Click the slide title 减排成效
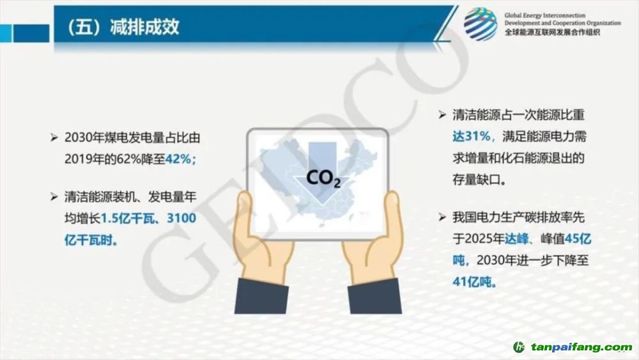pos(144,27)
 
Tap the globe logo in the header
pos(481,24)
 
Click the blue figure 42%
pos(178,159)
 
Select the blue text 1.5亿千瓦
pos(128,219)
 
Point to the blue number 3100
pos(181,218)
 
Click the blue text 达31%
pos(471,136)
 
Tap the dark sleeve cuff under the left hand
pos(261,296)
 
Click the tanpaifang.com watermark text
pos(581,347)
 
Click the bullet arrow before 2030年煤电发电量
pos(54,138)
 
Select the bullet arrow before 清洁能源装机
pos(54,198)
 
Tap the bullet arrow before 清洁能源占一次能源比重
pos(442,115)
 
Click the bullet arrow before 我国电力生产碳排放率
pos(442,217)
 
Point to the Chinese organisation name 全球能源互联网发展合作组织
pos(552,33)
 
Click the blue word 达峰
pos(517,239)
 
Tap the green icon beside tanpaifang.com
pos(519,347)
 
